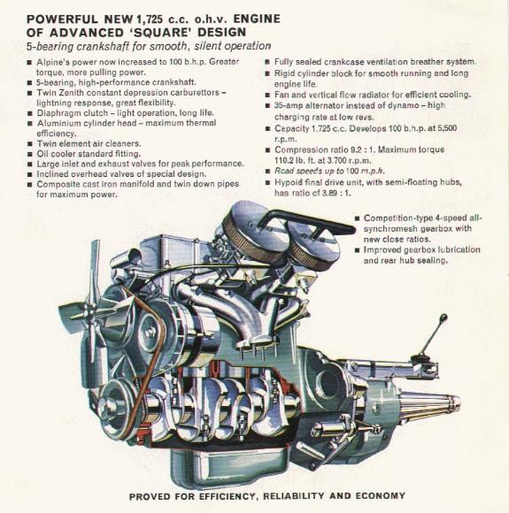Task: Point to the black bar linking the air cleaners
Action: point(294,216)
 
